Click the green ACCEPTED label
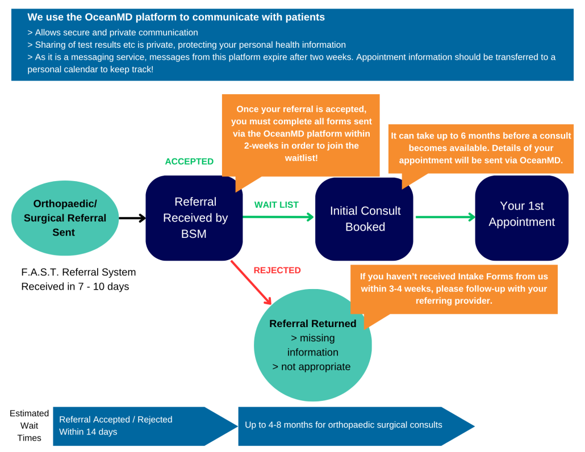pyautogui.click(x=189, y=161)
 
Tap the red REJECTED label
pyautogui.click(x=277, y=270)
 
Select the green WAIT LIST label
pyautogui.click(x=276, y=204)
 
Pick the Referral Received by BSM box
pyautogui.click(x=194, y=217)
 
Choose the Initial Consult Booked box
pyautogui.click(x=365, y=219)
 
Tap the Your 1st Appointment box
pyautogui.click(x=521, y=214)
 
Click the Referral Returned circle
pyautogui.click(x=312, y=345)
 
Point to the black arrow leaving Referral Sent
pyautogui.click(x=132, y=217)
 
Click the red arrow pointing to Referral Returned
pyautogui.click(x=252, y=283)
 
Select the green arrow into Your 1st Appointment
pyautogui.click(x=445, y=217)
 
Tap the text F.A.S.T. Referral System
pyautogui.click(x=78, y=272)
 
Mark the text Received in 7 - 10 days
pyautogui.click(x=75, y=286)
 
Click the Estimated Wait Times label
pyautogui.click(x=29, y=425)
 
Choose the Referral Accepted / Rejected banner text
pyautogui.click(x=115, y=420)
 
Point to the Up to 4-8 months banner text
pyautogui.click(x=343, y=424)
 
